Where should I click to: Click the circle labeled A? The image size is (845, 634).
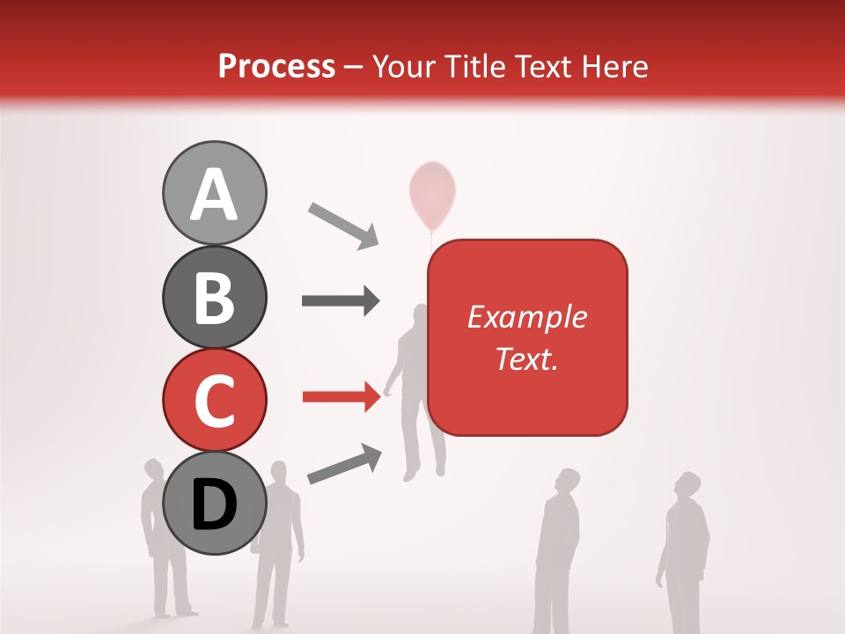point(215,194)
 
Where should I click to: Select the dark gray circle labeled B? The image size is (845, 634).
point(215,297)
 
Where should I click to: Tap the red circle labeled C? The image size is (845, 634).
point(215,400)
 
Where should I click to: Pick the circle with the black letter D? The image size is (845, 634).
point(215,503)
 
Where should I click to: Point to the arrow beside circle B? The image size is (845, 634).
point(341,300)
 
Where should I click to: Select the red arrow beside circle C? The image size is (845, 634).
point(341,397)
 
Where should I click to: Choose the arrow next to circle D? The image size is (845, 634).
point(344,464)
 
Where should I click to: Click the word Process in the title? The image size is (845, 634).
point(276,66)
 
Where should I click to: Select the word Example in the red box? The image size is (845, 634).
point(526,317)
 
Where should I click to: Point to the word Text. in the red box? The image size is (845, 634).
point(526,358)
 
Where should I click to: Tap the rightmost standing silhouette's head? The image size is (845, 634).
point(687,487)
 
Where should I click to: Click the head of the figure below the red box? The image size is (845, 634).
point(568,482)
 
